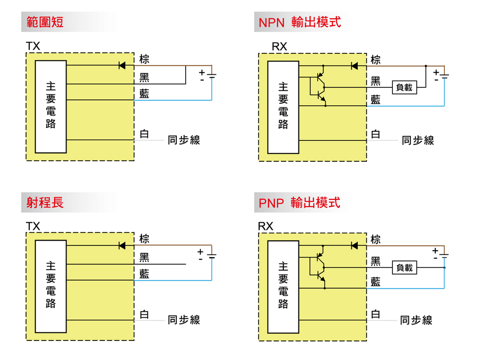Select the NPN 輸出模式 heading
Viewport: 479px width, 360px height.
click(x=299, y=22)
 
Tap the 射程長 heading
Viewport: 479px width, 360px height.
click(x=45, y=202)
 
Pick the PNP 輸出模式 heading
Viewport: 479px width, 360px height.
click(x=299, y=202)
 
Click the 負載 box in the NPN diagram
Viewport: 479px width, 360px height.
click(x=404, y=87)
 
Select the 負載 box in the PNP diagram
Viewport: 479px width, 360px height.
click(x=404, y=268)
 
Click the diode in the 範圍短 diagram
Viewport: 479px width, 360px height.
click(x=122, y=65)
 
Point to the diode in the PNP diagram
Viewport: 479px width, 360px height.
click(x=354, y=245)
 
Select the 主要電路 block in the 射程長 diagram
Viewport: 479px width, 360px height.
click(x=51, y=286)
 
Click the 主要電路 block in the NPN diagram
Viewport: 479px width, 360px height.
click(x=283, y=107)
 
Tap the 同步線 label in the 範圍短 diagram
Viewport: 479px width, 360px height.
click(x=184, y=140)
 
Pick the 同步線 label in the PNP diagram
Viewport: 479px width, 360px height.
click(x=416, y=320)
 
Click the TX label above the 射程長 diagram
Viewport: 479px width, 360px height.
click(x=33, y=226)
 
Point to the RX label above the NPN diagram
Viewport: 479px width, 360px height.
click(x=279, y=46)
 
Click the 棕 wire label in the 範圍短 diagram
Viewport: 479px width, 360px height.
click(x=144, y=59)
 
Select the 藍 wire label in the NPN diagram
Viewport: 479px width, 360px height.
click(x=376, y=99)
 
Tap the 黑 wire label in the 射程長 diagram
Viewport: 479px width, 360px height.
click(x=144, y=257)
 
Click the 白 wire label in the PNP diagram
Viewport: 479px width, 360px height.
click(x=376, y=314)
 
